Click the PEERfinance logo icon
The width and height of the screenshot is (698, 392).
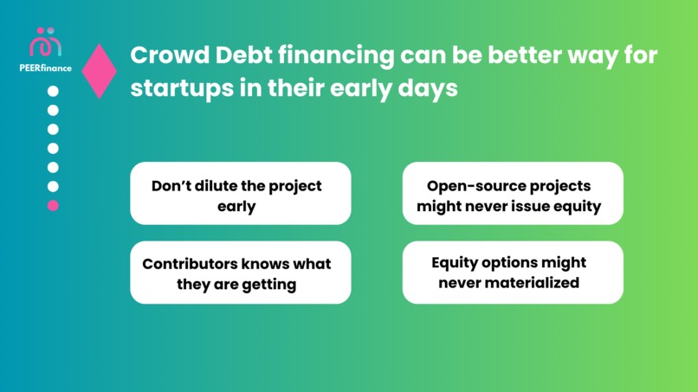click(x=46, y=42)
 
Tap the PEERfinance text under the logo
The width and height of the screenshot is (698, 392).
click(x=46, y=67)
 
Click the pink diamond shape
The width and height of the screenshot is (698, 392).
click(x=100, y=71)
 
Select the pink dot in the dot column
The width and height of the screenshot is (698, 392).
click(x=53, y=205)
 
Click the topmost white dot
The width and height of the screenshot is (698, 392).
click(x=53, y=91)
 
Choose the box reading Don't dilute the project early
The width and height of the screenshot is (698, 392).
click(x=240, y=194)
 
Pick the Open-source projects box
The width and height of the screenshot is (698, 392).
click(x=513, y=194)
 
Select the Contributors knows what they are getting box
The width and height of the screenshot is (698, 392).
click(x=240, y=273)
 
